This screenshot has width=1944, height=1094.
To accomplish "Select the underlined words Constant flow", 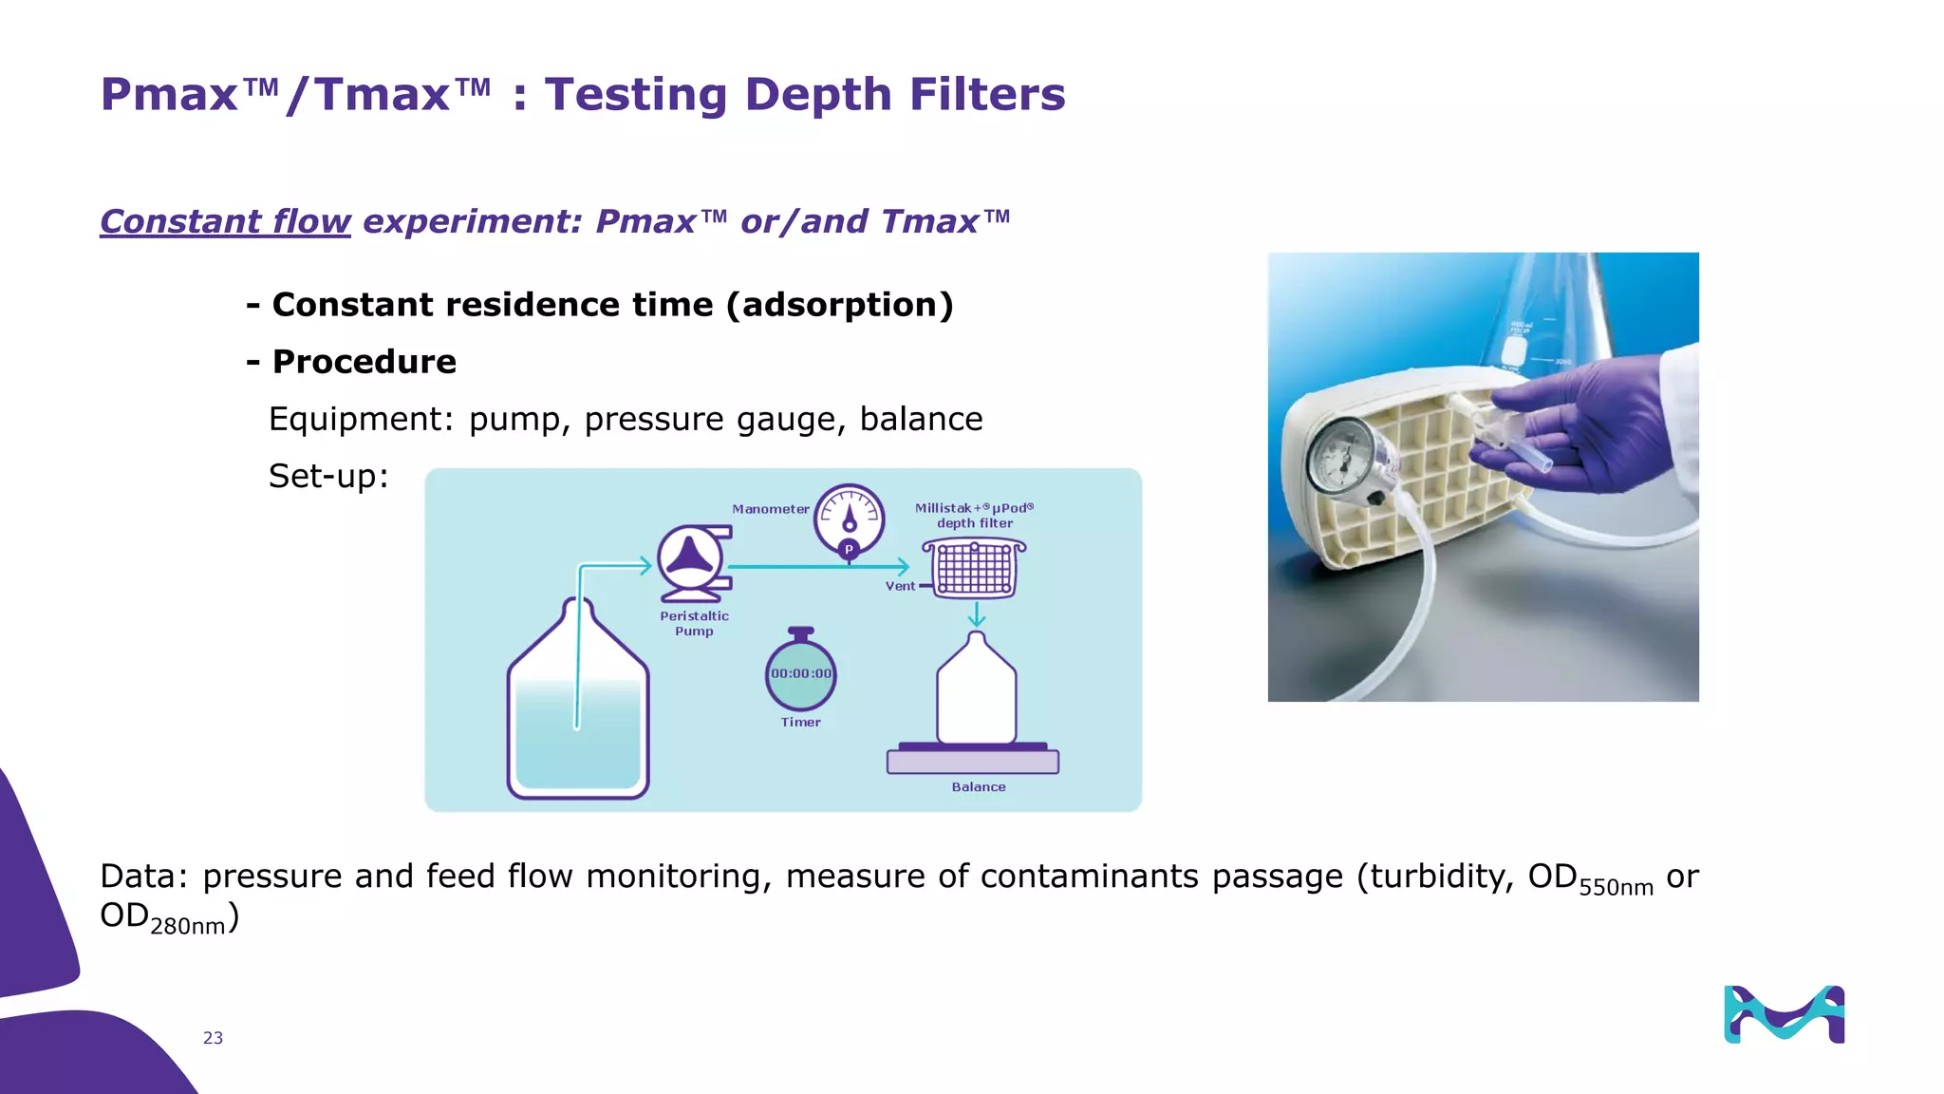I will (225, 221).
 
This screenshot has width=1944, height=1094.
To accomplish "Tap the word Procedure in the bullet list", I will (364, 362).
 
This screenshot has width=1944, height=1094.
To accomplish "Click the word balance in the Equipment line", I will (921, 419).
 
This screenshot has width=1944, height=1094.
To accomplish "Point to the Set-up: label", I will (328, 476).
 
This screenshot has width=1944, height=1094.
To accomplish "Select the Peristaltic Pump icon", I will (694, 562).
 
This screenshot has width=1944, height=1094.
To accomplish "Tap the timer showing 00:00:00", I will (800, 673).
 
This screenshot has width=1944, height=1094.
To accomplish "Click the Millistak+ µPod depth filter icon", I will (974, 568).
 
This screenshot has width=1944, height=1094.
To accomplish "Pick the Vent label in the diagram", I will (900, 586).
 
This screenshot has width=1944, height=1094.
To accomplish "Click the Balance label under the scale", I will (978, 787).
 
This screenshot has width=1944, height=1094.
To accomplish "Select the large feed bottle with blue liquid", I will (578, 707).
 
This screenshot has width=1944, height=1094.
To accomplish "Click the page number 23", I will (213, 1038).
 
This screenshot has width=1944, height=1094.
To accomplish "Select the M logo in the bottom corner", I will (1784, 1014).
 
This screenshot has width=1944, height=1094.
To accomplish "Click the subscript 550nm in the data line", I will (1616, 888).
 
